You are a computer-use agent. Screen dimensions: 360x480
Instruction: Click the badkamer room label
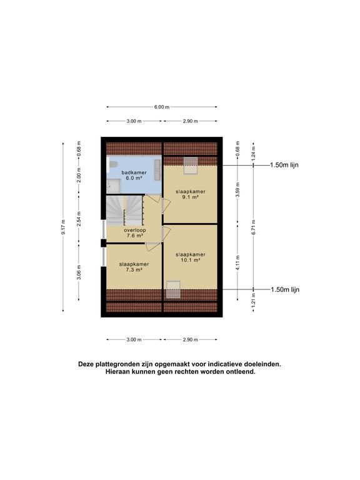134,172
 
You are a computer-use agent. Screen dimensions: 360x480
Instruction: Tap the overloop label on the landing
135,230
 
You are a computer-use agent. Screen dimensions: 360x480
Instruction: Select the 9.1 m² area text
191,197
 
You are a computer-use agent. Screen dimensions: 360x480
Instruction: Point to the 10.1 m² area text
191,260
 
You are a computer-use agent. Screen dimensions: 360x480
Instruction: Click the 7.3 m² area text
134,270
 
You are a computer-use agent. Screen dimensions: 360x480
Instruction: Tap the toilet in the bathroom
112,165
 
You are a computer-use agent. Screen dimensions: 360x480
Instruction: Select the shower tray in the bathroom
114,186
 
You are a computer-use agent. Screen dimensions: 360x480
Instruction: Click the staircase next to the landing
124,210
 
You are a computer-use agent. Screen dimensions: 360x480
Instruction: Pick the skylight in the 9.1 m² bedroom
191,166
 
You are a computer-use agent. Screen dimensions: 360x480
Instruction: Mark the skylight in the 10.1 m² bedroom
173,289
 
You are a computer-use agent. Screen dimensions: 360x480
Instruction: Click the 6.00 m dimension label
162,107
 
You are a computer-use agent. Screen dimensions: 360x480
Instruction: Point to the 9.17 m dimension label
63,227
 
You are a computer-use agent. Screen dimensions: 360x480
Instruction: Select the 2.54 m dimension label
79,219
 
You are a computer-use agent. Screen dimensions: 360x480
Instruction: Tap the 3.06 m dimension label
79,272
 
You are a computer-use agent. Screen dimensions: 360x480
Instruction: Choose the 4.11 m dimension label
238,262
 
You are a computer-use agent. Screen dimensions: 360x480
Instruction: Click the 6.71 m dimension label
254,227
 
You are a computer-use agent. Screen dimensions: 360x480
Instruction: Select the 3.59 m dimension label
238,190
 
